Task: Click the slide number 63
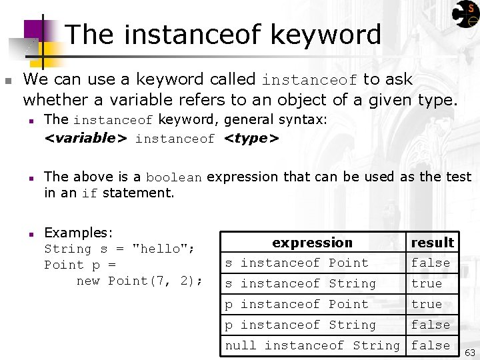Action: (469, 352)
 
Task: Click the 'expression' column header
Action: (312, 243)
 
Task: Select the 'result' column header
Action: (432, 243)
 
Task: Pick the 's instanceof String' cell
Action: (301, 283)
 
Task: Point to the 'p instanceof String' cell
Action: (301, 325)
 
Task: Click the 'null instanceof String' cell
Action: (313, 345)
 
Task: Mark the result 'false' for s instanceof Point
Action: (431, 263)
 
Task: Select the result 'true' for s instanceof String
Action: (427, 283)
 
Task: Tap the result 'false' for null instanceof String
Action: (431, 345)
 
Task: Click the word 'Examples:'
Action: (79, 233)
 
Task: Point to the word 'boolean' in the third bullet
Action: (173, 177)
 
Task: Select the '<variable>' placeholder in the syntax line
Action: (85, 138)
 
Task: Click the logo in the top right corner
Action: (465, 14)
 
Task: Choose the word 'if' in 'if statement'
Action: (89, 193)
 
